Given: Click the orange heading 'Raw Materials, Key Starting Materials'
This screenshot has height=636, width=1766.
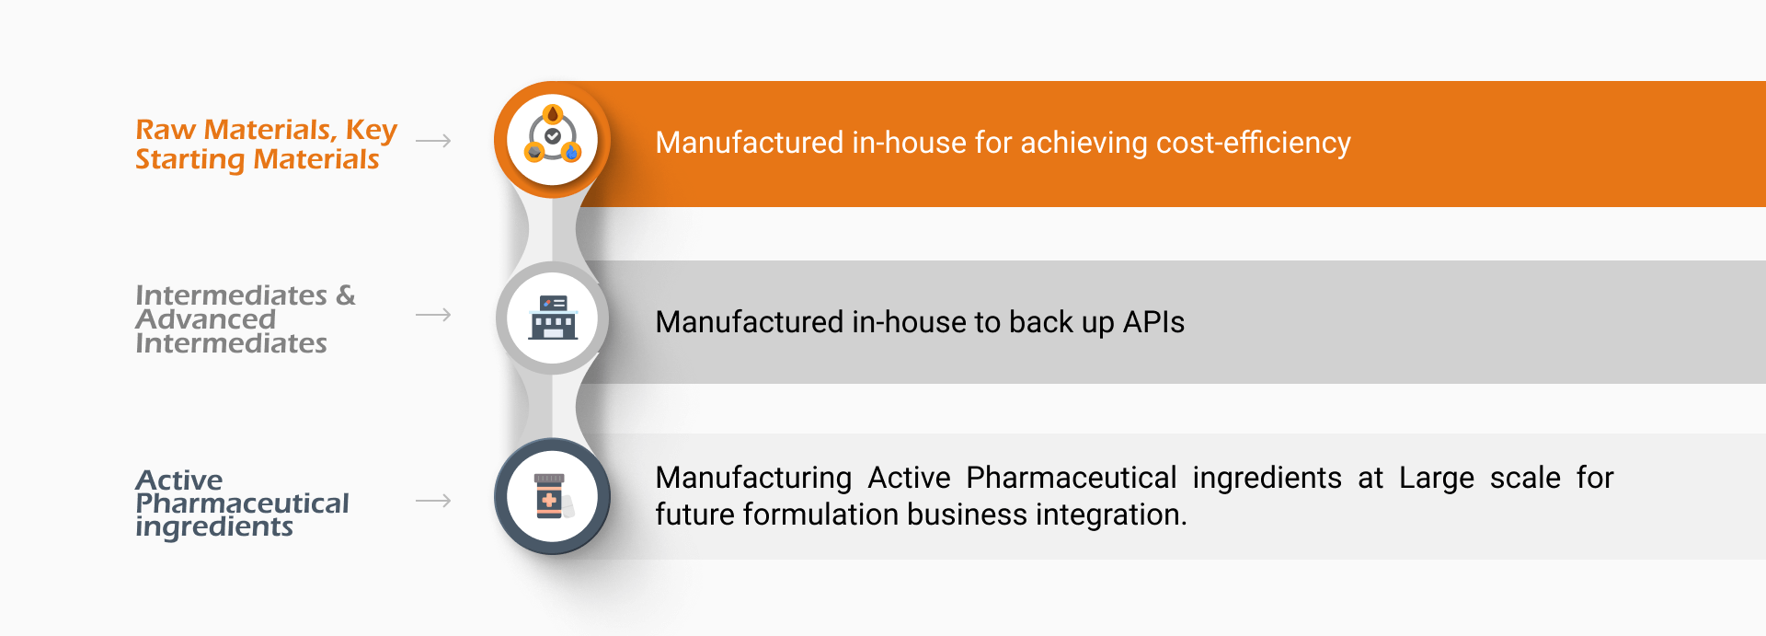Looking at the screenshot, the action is pyautogui.click(x=266, y=145).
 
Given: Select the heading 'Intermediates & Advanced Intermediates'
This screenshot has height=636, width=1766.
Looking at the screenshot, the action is pyautogui.click(x=245, y=318).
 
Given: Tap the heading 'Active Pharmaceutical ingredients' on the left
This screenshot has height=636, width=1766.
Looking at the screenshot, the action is pyautogui.click(x=242, y=503).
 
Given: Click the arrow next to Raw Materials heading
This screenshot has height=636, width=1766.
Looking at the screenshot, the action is pyautogui.click(x=433, y=141).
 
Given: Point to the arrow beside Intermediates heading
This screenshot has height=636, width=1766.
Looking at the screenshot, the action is pyautogui.click(x=433, y=315).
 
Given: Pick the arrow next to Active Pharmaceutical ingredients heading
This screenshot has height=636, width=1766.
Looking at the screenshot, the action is pyautogui.click(x=433, y=501).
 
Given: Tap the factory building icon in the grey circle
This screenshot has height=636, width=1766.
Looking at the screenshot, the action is pyautogui.click(x=553, y=318).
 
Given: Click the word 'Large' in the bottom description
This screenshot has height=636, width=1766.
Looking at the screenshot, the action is pyautogui.click(x=1437, y=479).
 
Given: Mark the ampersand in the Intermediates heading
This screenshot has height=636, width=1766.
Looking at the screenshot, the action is pyautogui.click(x=346, y=295).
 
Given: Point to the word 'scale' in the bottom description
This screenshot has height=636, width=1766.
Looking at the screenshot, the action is pyautogui.click(x=1525, y=478).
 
